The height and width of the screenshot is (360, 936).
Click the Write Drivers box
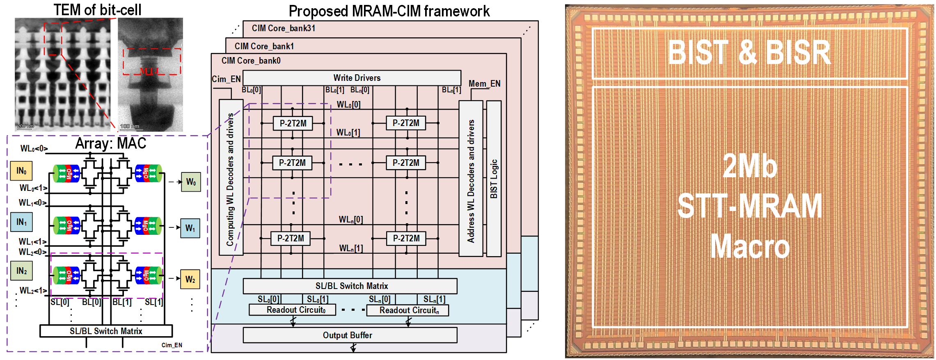pyautogui.click(x=352, y=78)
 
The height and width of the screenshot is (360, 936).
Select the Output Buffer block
pyautogui.click(x=350, y=335)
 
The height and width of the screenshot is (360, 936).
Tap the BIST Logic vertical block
pyautogui.click(x=494, y=179)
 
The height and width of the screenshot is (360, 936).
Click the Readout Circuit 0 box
pyautogui.click(x=292, y=310)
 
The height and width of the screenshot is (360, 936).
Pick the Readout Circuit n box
pyautogui.click(x=407, y=310)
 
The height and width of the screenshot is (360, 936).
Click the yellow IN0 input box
pyautogui.click(x=21, y=171)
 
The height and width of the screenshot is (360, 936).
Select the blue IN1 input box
pyautogui.click(x=21, y=222)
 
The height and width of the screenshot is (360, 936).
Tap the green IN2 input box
pyautogui.click(x=21, y=271)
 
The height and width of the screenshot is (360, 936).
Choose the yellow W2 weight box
pyautogui.click(x=190, y=279)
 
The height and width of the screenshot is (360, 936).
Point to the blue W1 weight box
pyautogui.click(x=190, y=228)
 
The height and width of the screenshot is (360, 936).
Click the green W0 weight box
pyautogui.click(x=191, y=182)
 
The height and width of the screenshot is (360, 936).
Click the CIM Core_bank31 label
pyautogui.click(x=283, y=28)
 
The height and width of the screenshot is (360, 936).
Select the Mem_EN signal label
pyautogui.click(x=484, y=84)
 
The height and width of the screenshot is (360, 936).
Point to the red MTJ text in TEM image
pyautogui.click(x=149, y=71)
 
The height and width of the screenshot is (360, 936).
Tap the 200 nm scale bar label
pyautogui.click(x=25, y=126)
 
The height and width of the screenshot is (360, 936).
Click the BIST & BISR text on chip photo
pyautogui.click(x=749, y=53)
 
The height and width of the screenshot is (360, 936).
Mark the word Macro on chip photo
pyautogui.click(x=750, y=246)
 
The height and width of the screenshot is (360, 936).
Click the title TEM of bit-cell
pyautogui.click(x=97, y=10)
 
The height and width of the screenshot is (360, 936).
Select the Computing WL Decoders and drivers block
pyautogui.click(x=231, y=177)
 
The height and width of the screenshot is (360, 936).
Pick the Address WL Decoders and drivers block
pyautogui.click(x=471, y=179)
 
